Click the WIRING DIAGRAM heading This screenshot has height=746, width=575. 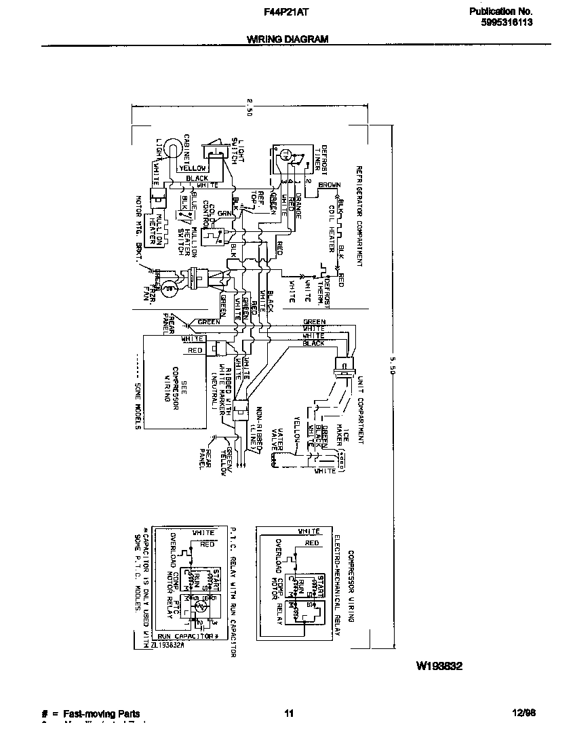coord(287,39)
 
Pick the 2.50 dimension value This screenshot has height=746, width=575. coord(250,109)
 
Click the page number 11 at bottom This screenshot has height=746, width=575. coord(288,713)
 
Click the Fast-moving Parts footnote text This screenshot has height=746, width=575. coord(101,713)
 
